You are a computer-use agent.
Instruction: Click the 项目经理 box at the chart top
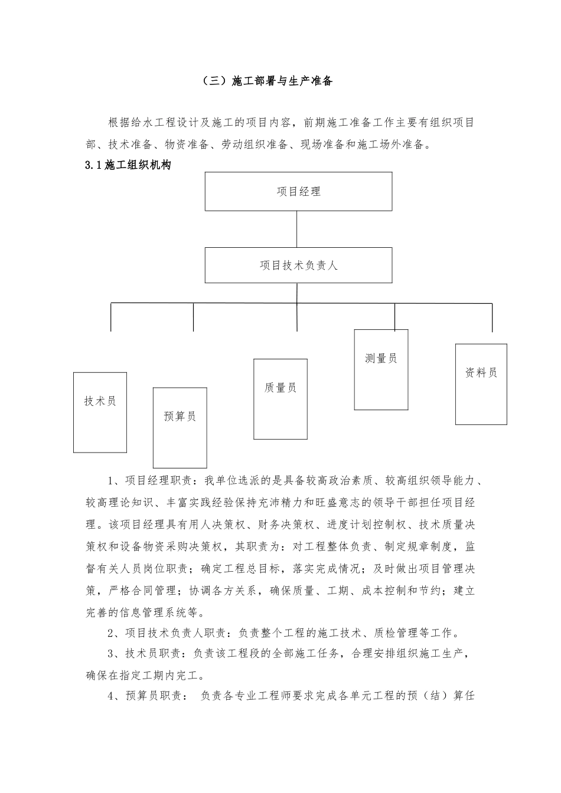298,192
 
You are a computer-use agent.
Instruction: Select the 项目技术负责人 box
298,265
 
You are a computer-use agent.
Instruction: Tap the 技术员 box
100,412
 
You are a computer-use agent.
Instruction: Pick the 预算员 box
180,427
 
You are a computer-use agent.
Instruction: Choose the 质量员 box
280,399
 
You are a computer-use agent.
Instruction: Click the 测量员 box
381,369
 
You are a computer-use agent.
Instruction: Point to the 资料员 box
481,384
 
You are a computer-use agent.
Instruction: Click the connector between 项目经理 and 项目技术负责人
297,229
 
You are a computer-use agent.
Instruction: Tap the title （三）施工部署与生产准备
266,81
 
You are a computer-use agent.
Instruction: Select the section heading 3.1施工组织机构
128,166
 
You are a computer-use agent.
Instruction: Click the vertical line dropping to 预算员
193,317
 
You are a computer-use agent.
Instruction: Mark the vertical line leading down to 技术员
111,317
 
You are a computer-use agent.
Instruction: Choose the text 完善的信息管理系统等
145,611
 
